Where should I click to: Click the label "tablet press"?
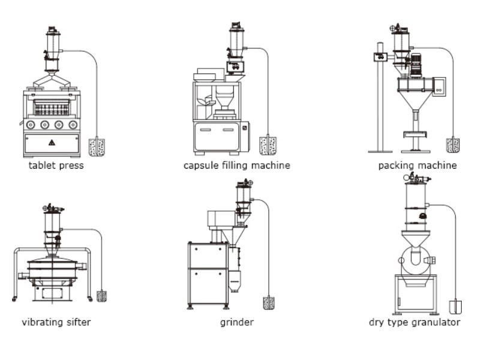pyautogui.click(x=56, y=166)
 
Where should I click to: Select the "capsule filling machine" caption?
pyautogui.click(x=237, y=165)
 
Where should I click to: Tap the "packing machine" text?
pyautogui.click(x=417, y=165)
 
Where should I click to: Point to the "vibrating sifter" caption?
pyautogui.click(x=56, y=322)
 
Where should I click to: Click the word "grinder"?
pyautogui.click(x=237, y=322)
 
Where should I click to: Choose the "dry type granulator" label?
pyautogui.click(x=415, y=322)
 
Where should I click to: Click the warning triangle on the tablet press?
pyautogui.click(x=52, y=142)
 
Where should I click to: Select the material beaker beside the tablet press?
pyautogui.click(x=97, y=147)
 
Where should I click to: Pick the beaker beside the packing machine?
pyautogui.click(x=453, y=145)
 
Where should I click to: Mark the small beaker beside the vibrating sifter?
pyautogui.click(x=101, y=295)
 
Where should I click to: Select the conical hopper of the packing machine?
pyautogui.click(x=415, y=96)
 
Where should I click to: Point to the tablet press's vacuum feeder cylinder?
pyautogui.click(x=52, y=44)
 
